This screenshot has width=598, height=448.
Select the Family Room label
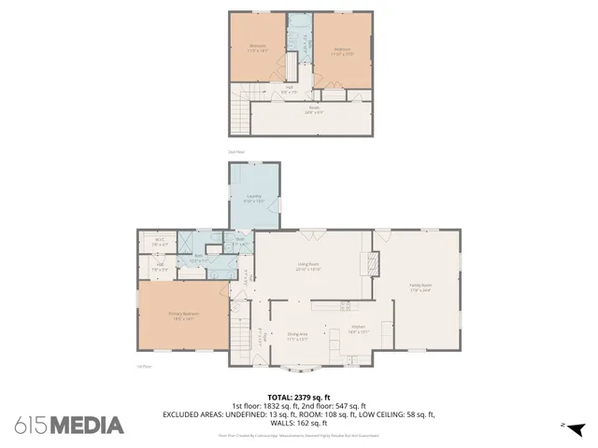[x=420, y=287]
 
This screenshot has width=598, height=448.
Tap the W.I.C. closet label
[x=160, y=243]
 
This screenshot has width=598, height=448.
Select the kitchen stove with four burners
[x=344, y=305]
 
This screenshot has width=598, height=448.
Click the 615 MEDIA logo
[x=69, y=425]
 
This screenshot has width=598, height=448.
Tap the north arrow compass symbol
[x=577, y=427]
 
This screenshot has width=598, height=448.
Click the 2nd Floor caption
[x=236, y=151]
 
